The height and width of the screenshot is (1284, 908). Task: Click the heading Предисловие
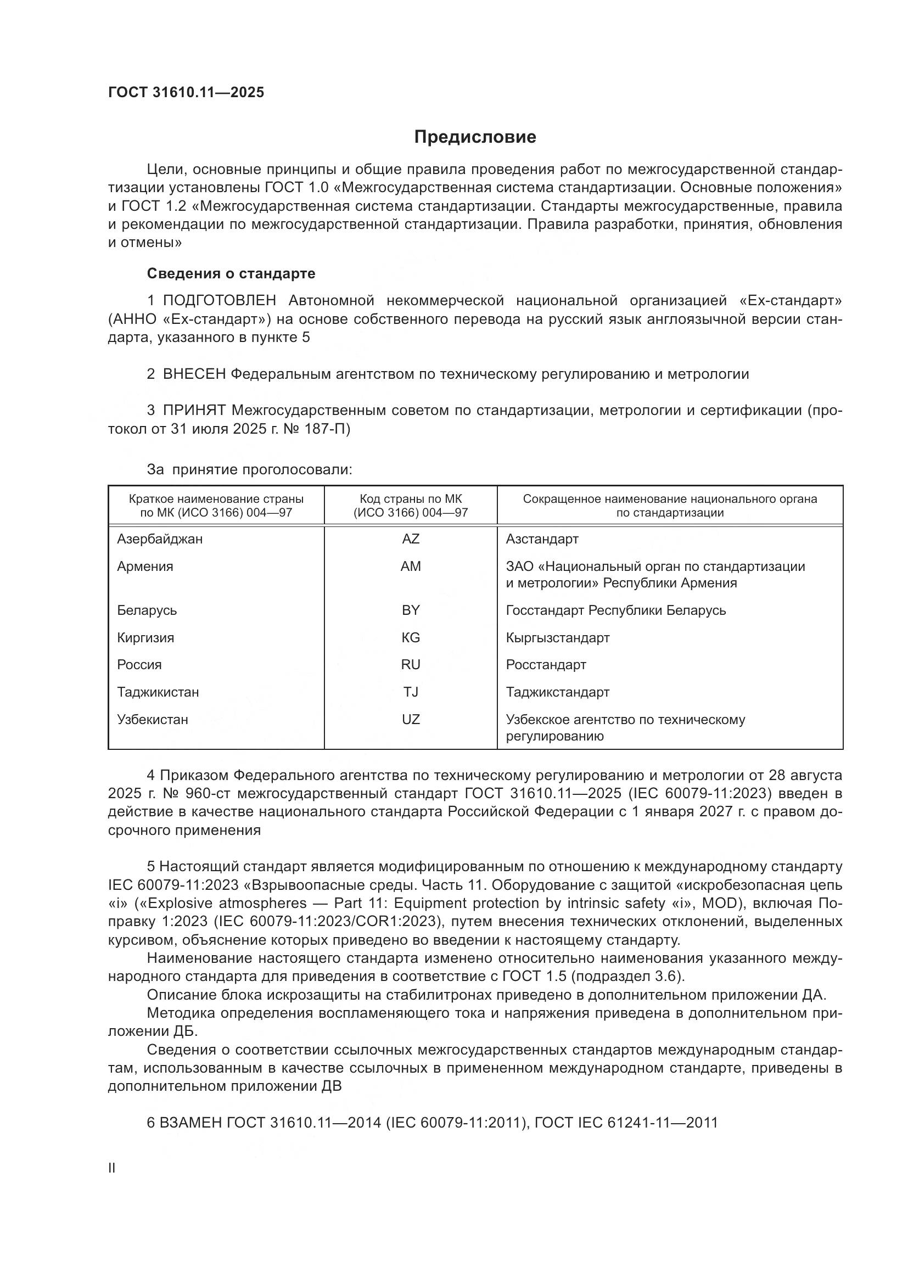pos(475,137)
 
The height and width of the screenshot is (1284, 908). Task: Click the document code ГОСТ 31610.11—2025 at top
pos(186,92)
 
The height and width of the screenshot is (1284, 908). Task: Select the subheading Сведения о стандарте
pos(231,273)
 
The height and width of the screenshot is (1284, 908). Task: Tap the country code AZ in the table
pos(411,539)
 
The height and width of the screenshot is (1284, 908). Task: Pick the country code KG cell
pos(411,637)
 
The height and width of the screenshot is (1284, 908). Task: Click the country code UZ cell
pos(411,719)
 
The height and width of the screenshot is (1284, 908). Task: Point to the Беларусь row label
pos(147,610)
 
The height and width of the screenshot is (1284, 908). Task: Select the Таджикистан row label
pos(158,692)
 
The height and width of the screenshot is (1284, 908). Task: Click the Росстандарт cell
pos(546,664)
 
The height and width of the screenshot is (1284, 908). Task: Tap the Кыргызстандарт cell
pos(557,637)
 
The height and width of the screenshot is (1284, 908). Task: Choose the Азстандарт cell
pos(542,539)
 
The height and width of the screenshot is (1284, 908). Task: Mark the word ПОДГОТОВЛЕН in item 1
pos(219,300)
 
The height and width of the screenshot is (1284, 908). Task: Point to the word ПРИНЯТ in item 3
pos(194,411)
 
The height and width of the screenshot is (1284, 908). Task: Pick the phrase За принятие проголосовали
pos(249,469)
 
